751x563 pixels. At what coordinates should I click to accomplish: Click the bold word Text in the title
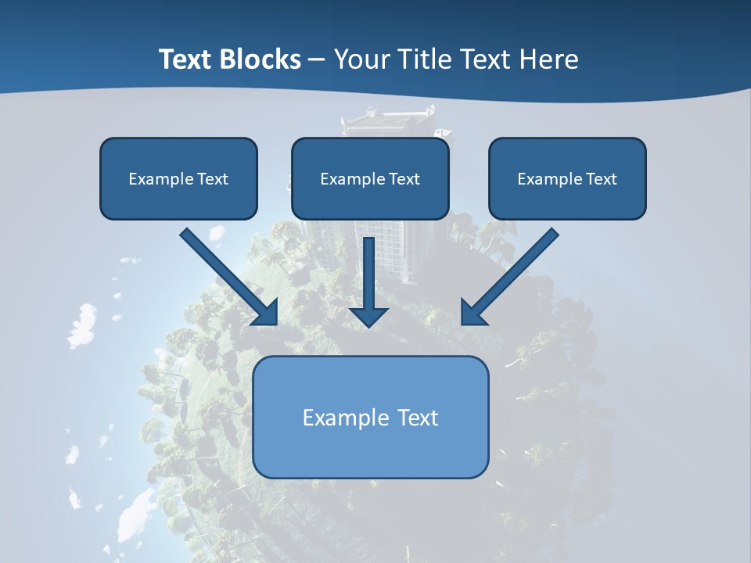187,59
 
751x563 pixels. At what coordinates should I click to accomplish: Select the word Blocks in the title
261,59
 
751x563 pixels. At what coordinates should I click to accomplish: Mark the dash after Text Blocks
318,60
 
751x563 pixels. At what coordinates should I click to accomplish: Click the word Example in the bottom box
335,418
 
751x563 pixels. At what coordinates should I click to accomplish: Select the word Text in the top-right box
601,179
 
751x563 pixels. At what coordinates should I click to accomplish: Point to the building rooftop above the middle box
387,117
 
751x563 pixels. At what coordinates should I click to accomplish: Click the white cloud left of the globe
81,325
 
